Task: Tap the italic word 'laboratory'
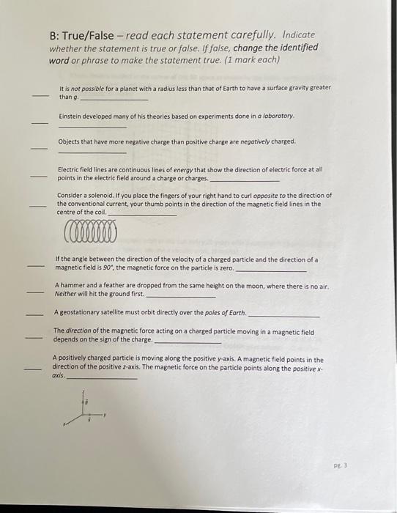click(279, 116)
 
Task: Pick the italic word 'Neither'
click(67, 293)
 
